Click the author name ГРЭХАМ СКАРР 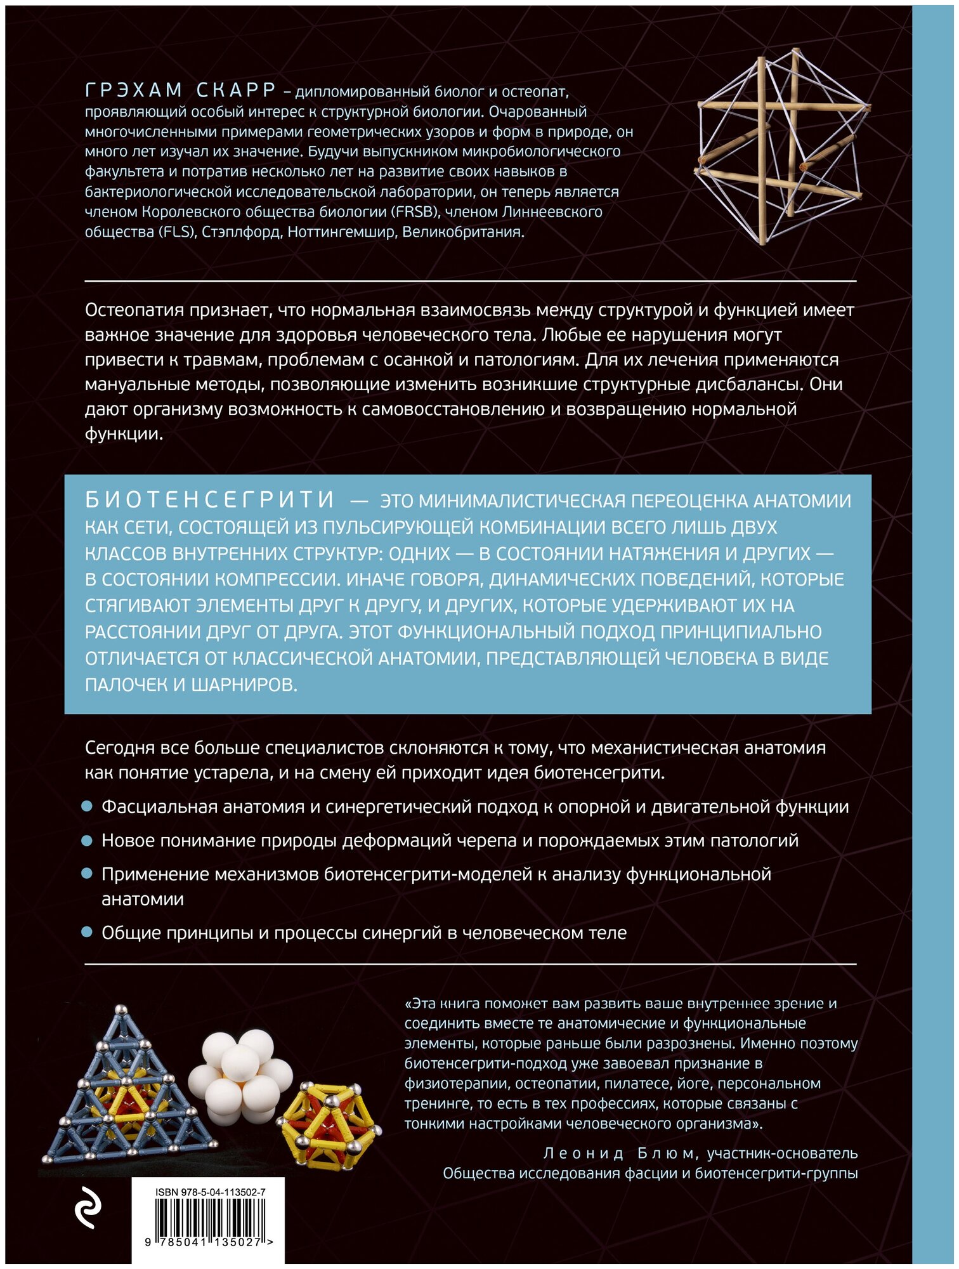[180, 91]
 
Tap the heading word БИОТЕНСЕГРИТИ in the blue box [210, 500]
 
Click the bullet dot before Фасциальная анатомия [88, 807]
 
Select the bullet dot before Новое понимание [88, 841]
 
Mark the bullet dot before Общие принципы [88, 933]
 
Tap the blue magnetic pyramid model [124, 1091]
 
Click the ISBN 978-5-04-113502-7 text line [210, 1192]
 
